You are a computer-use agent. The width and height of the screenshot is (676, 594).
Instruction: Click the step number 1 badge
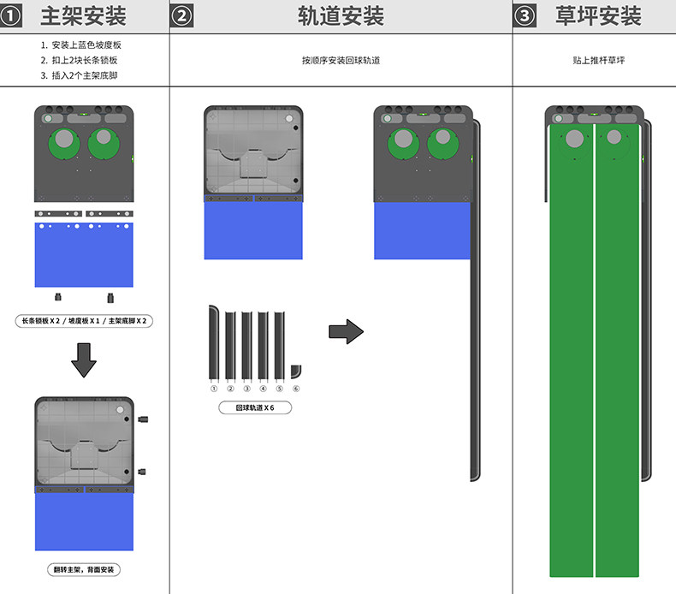[x=12, y=15]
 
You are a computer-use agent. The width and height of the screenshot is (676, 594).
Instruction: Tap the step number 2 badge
[x=181, y=15]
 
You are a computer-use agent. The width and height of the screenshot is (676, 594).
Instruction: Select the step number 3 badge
[x=525, y=15]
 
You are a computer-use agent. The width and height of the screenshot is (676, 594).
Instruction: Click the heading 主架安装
[x=84, y=15]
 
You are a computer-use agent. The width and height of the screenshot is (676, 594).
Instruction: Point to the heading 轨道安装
[x=341, y=15]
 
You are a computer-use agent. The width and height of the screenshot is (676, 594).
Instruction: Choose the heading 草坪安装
[x=598, y=15]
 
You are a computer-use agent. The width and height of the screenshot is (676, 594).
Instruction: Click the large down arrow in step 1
[x=84, y=360]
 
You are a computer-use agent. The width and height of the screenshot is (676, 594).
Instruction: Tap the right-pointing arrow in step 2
[x=347, y=331]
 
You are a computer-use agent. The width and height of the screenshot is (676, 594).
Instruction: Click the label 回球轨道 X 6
[x=255, y=408]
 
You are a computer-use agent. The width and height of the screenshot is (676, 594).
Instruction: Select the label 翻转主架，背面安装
[x=84, y=569]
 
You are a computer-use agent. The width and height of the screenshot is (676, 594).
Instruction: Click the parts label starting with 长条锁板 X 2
[x=84, y=321]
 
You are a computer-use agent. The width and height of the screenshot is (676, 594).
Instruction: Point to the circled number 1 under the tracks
[x=214, y=388]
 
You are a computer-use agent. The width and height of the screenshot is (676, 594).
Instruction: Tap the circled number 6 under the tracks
[x=296, y=388]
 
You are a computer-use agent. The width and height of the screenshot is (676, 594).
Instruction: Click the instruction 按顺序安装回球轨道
[x=341, y=61]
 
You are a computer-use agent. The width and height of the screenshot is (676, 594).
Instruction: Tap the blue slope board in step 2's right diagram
[x=422, y=230]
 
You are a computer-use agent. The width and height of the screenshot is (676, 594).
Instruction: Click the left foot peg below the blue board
[x=58, y=297]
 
